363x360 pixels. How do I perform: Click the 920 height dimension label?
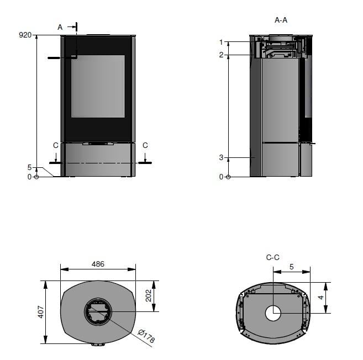click(25, 35)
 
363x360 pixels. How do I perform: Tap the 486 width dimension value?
click(98, 264)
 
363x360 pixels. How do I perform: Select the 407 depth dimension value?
click(41, 312)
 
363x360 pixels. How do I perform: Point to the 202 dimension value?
click(149, 296)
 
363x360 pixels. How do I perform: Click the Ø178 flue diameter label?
click(146, 336)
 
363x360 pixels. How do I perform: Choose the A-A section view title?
click(281, 20)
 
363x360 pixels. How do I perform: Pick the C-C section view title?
click(273, 257)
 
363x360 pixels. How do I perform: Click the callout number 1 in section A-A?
click(221, 43)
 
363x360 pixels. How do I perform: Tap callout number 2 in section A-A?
click(222, 55)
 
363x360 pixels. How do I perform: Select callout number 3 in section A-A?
click(222, 157)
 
